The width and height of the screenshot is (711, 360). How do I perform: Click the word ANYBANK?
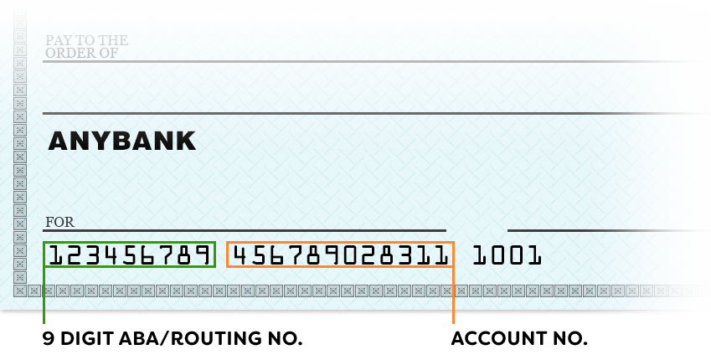pos(122,141)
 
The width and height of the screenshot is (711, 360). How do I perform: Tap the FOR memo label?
pos(59,222)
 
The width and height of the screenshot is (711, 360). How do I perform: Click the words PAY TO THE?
pos(86,40)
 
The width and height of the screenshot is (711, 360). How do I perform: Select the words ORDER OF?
pos(81,53)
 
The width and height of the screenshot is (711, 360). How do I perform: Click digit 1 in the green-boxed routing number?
pos(56,255)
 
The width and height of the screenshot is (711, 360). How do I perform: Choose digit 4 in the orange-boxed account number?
pos(240,255)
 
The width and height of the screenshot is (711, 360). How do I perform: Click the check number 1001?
pos(507,255)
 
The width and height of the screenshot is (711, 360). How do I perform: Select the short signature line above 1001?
pos(609,230)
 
